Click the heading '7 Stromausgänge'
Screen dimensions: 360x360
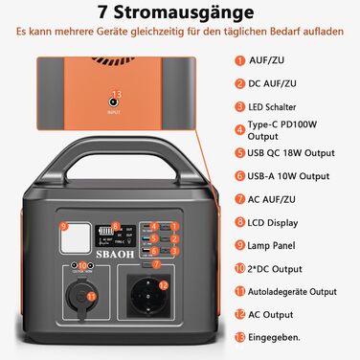coord(179,12)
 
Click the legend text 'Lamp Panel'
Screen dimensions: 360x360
coord(269,244)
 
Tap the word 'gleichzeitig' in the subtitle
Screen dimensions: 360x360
coord(159,32)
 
